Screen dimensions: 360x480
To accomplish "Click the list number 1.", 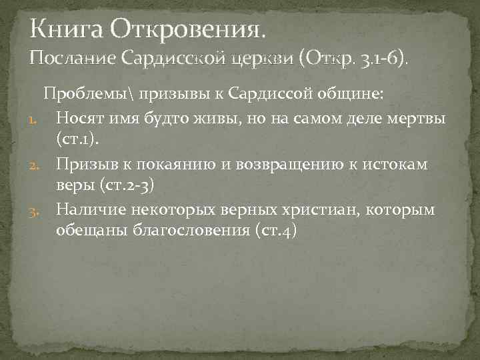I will (39, 120).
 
